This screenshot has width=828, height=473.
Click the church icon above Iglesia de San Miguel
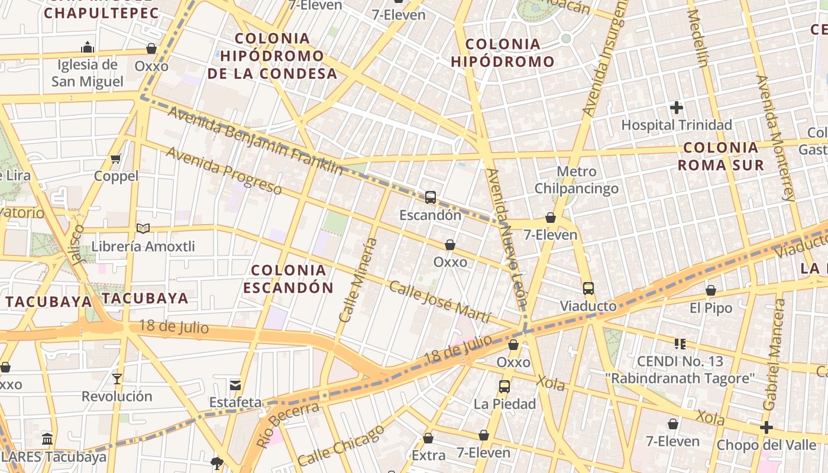pyautogui.click(x=88, y=47)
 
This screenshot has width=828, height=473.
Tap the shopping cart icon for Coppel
pyautogui.click(x=116, y=158)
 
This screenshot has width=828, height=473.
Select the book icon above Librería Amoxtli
pyautogui.click(x=143, y=228)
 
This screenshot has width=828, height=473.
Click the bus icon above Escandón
pyautogui.click(x=431, y=197)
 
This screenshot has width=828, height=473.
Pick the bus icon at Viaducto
pyautogui.click(x=588, y=289)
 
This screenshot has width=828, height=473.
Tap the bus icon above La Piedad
pyautogui.click(x=504, y=387)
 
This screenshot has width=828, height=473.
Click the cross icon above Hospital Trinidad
pyautogui.click(x=677, y=108)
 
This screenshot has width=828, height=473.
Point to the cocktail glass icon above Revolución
pyautogui.click(x=117, y=378)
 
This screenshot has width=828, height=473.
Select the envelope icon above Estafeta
pyautogui.click(x=235, y=385)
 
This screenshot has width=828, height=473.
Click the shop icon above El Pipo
pyautogui.click(x=711, y=290)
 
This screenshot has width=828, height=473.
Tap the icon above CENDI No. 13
pyautogui.click(x=680, y=344)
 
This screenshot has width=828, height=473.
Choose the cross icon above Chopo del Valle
pyautogui.click(x=766, y=427)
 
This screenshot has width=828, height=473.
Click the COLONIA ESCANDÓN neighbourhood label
pyautogui.click(x=288, y=279)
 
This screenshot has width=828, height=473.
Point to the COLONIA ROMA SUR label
pyautogui.click(x=720, y=156)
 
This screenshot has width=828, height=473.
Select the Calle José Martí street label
pyautogui.click(x=439, y=302)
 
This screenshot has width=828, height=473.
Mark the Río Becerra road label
pyautogui.click(x=287, y=424)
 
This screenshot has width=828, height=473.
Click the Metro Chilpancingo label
pyautogui.click(x=577, y=180)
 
